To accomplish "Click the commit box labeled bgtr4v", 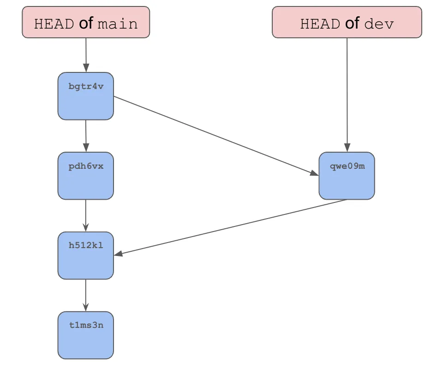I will pos(86,96).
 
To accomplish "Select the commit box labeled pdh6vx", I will pos(86,176).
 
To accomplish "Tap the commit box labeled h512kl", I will pos(86,255).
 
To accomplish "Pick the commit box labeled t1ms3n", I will pos(86,335).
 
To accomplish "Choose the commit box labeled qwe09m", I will pos(347,176).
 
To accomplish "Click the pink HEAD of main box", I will pos(86,22).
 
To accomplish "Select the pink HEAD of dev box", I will pos(347,22).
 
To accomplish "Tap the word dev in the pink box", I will pos(379,24).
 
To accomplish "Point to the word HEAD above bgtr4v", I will pos(54,24).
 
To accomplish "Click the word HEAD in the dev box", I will pos(320,24).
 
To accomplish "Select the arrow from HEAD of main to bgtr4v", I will pos(86,54).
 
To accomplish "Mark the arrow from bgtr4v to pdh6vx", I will pos(86,136).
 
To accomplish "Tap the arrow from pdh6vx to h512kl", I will pos(86,215).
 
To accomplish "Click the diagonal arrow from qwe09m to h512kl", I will pos(231,227).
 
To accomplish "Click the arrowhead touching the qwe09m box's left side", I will pos(314,173).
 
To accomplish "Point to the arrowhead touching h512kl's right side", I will pos(118,254).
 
